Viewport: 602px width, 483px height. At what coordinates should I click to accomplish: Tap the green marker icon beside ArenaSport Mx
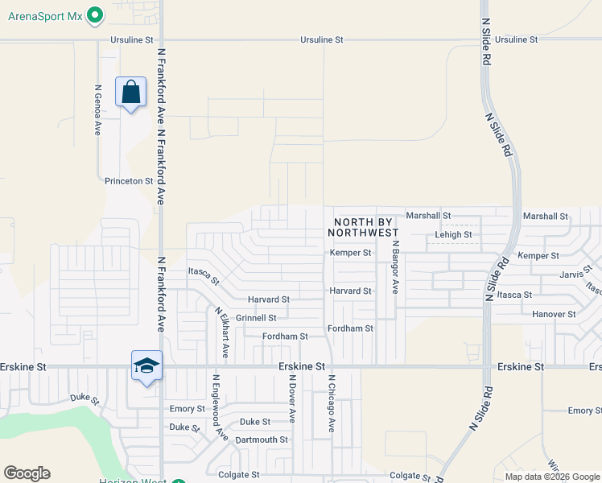[x=96, y=15]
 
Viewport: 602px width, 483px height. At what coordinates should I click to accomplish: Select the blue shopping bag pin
[x=130, y=93]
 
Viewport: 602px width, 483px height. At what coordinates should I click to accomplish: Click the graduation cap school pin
[x=147, y=366]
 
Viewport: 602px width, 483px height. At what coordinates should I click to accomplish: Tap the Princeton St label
[x=129, y=181]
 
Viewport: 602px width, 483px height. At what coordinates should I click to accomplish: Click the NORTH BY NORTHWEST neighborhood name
[x=365, y=227]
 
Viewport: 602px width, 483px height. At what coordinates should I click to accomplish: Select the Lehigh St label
[x=453, y=235]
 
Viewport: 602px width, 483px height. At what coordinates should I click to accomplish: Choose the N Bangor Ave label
[x=395, y=267]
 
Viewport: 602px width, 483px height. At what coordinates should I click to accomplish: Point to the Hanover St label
[x=554, y=314]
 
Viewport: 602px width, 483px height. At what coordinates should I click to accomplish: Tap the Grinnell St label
[x=256, y=318]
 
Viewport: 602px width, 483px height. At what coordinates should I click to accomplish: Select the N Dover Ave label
[x=292, y=399]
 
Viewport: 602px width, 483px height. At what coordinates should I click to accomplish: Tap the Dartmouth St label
[x=262, y=440]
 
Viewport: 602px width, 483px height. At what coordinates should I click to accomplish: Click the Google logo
[x=27, y=473]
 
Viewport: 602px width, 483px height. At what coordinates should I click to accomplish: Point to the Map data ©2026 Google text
[x=551, y=477]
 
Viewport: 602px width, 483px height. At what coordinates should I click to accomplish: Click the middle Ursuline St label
[x=322, y=39]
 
